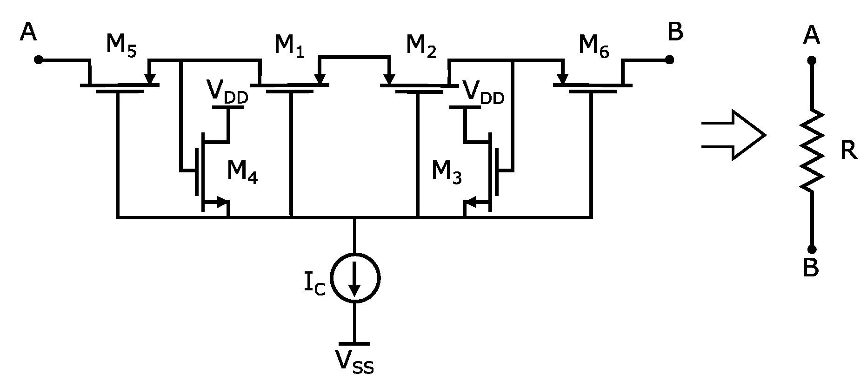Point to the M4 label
coord(242,172)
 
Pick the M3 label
coord(447,172)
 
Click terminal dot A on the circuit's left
coord(39,60)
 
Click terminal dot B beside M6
coord(669,60)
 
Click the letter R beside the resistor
coord(848,151)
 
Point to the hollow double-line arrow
coord(733,135)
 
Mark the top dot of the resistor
coord(812,60)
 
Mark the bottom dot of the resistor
coord(812,249)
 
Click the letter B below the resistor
coord(811,268)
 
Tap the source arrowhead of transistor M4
coord(223,203)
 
